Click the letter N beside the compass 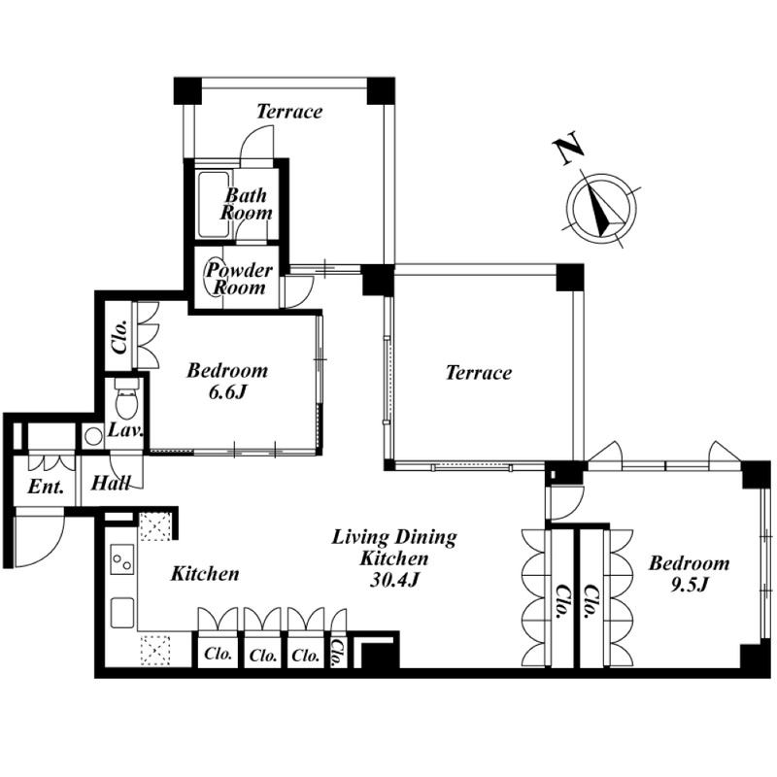click(568, 148)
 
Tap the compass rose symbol click(601, 209)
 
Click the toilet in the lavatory click(124, 399)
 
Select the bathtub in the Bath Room click(214, 204)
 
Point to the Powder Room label click(238, 279)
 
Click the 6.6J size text click(227, 392)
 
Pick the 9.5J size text click(690, 586)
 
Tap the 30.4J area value click(394, 580)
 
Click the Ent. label click(46, 487)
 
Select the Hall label click(111, 483)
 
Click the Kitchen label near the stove click(205, 574)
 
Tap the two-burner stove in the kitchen click(123, 560)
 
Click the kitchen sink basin click(122, 613)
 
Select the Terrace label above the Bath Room click(288, 112)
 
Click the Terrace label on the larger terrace click(478, 373)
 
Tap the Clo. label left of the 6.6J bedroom click(120, 337)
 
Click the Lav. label click(126, 429)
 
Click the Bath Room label click(247, 204)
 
